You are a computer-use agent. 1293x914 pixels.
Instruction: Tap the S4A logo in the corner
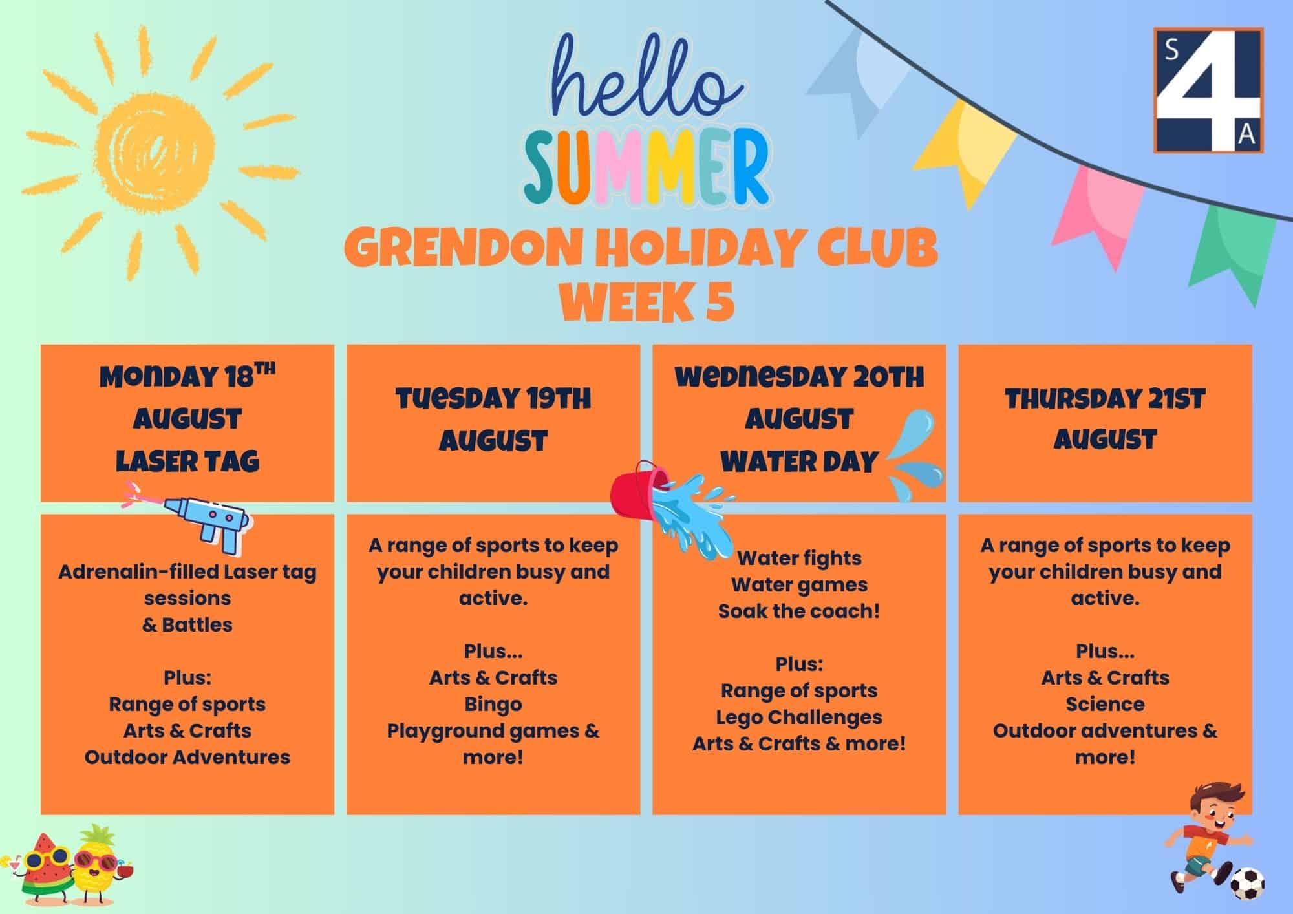coord(1208,90)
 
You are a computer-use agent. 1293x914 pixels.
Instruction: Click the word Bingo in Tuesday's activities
coord(493,704)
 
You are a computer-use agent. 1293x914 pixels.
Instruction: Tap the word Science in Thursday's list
coord(1105,704)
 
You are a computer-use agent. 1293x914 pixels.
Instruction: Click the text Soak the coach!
coord(799,611)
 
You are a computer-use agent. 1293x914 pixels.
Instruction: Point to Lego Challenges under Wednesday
coord(799,717)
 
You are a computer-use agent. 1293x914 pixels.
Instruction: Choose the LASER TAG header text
coord(187,462)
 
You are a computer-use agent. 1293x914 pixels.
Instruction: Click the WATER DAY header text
coord(799,462)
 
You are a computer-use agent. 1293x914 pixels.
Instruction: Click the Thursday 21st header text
coord(1105,399)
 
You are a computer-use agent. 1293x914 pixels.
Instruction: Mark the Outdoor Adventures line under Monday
coord(187,757)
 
